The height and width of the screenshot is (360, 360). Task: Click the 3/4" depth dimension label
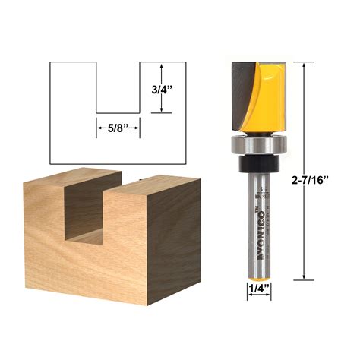click(160, 88)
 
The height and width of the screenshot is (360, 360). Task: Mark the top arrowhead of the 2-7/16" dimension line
click(304, 65)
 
